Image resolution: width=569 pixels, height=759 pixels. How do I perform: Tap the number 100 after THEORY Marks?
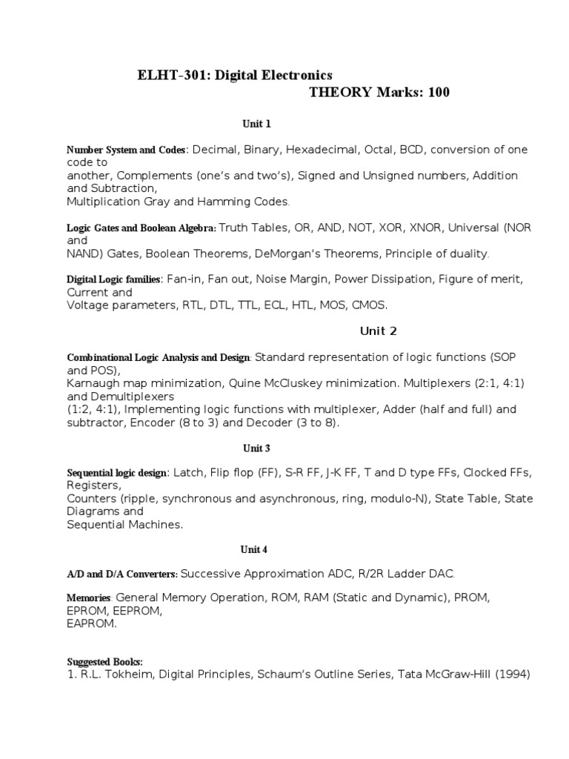tap(433, 93)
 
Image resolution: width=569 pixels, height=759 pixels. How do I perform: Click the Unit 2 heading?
tap(378, 331)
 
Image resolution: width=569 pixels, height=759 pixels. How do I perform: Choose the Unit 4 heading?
tap(253, 549)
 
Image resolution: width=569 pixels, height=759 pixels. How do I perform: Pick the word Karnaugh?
tap(95, 383)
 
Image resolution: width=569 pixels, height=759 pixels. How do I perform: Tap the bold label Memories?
tap(89, 597)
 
